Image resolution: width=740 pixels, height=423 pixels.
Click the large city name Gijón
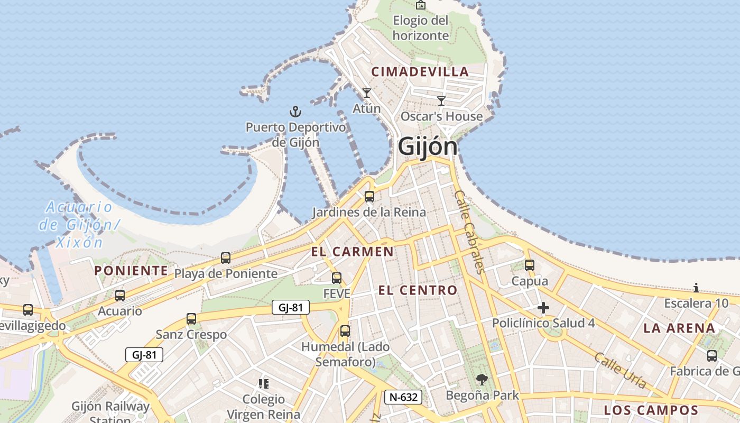[427, 146]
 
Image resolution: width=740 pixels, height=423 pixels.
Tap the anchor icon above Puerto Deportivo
[295, 112]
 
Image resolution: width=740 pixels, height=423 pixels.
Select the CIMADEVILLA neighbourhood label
[420, 72]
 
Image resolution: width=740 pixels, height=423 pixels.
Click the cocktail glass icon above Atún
[366, 93]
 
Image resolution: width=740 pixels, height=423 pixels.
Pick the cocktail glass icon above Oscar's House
[441, 100]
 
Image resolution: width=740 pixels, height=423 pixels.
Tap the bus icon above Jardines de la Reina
[369, 197]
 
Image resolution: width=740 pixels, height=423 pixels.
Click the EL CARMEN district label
[352, 252]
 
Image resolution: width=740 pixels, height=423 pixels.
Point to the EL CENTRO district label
[418, 290]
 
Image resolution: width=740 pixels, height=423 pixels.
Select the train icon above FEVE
[336, 278]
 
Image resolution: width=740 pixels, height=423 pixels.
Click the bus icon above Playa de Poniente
[226, 258]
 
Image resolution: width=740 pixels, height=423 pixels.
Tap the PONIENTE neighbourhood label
[131, 271]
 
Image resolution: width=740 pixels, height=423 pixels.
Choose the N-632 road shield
[403, 397]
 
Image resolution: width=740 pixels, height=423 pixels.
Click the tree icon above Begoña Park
[482, 379]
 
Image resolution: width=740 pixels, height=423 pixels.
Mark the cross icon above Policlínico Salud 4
[543, 308]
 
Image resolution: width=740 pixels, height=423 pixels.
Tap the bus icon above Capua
[529, 265]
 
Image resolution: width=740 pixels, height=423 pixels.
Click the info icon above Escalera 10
[696, 288]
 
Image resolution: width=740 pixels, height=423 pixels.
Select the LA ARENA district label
[679, 328]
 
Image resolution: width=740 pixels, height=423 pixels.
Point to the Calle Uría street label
[620, 370]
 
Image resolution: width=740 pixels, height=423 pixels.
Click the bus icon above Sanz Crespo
[191, 319]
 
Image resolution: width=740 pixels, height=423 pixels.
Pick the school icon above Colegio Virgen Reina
[263, 383]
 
